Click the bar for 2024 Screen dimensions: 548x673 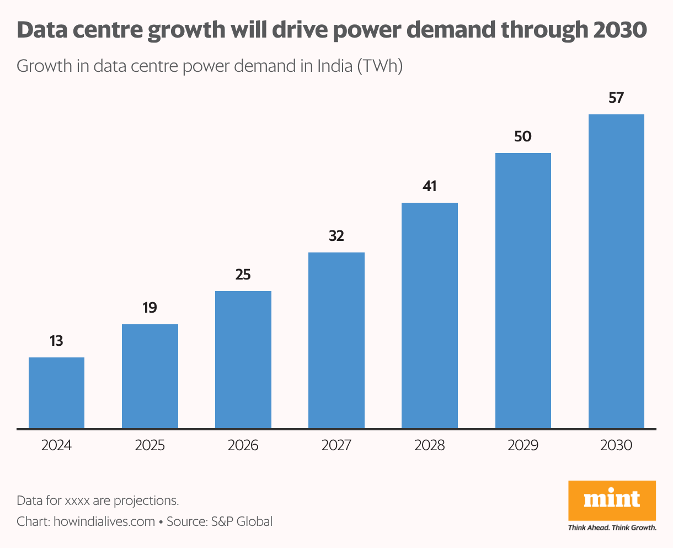tap(56, 393)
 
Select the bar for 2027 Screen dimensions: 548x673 tap(336, 340)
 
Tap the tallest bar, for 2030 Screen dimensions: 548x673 tap(616, 271)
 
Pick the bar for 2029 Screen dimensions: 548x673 tap(523, 291)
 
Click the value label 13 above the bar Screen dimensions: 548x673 tap(56, 341)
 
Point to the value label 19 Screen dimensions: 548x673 tap(149, 308)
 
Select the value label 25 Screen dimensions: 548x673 tap(243, 275)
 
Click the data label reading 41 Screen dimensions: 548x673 tap(430, 186)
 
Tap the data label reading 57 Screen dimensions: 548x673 tap(616, 98)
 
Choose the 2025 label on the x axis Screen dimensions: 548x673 tap(149, 445)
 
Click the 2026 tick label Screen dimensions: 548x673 tap(243, 445)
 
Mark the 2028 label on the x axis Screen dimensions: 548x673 tap(430, 445)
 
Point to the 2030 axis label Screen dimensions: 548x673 tap(616, 445)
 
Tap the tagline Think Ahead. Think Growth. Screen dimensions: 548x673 tap(612, 528)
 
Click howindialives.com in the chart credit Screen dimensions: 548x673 tap(104, 521)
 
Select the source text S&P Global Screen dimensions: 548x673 tap(242, 521)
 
